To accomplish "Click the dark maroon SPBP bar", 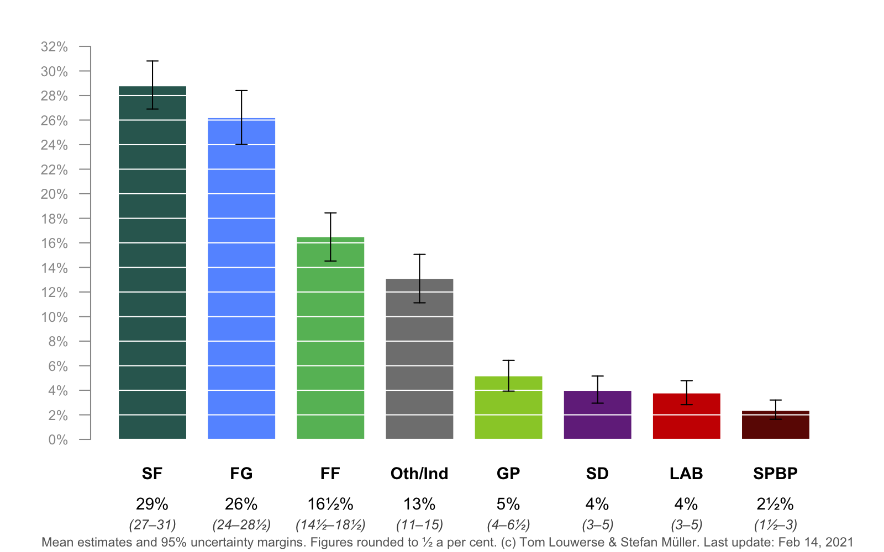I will click(x=775, y=428).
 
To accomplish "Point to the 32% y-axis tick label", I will click(x=54, y=47).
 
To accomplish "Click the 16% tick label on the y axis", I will click(x=54, y=243).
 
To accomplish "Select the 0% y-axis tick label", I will click(x=57, y=440).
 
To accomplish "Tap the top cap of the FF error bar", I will click(x=330, y=213).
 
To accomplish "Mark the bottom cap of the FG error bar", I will click(x=241, y=145).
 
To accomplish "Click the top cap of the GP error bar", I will click(x=508, y=360).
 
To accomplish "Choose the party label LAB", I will click(x=686, y=474).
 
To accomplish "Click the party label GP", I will click(x=508, y=474).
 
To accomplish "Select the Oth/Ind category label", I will click(x=419, y=474).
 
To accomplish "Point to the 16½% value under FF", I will click(x=330, y=504).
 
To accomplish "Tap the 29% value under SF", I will click(x=152, y=504).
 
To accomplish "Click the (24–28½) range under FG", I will click(x=241, y=524).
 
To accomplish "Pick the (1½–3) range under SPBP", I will click(x=775, y=524).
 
